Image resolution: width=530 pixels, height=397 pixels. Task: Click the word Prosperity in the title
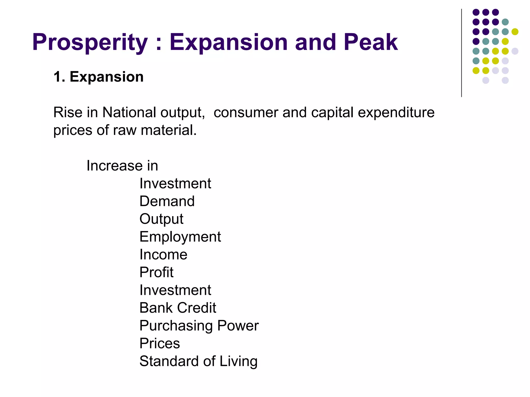[90, 43]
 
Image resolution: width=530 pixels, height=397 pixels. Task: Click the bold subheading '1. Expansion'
[98, 77]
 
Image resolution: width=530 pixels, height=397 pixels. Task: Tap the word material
[168, 130]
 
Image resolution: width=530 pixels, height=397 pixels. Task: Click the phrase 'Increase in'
[122, 166]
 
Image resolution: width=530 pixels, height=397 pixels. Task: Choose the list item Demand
[167, 201]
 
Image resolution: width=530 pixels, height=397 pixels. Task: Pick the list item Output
[161, 219]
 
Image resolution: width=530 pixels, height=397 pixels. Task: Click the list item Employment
[180, 237]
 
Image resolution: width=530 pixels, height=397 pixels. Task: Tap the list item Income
[163, 255]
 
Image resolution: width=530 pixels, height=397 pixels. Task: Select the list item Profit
[156, 272]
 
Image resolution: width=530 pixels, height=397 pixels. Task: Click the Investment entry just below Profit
[175, 290]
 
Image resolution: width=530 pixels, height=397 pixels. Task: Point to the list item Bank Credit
[178, 308]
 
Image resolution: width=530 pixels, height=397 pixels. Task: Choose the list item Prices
[159, 343]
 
